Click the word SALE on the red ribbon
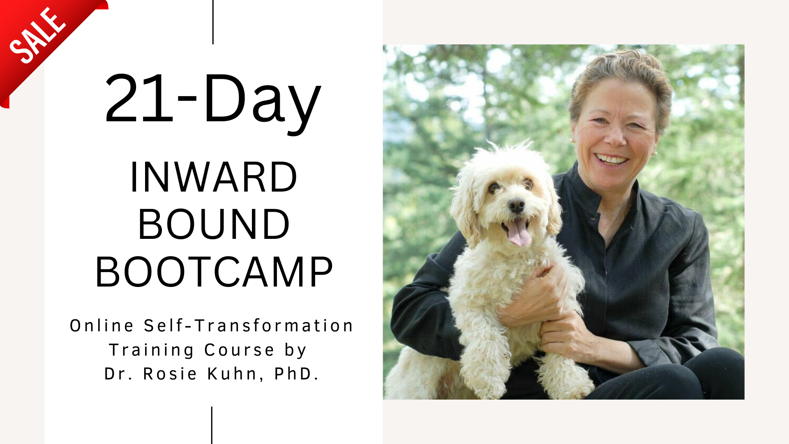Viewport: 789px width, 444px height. (37, 36)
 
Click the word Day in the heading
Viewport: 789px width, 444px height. (261, 103)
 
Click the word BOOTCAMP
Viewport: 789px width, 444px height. (214, 272)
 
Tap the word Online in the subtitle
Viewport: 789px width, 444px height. (102, 326)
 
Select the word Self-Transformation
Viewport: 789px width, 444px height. (248, 326)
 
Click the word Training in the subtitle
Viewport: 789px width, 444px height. (151, 350)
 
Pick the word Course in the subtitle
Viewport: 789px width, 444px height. (239, 350)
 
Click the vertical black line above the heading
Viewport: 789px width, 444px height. (213, 22)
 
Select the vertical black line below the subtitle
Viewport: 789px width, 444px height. (212, 425)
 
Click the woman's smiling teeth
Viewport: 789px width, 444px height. (611, 159)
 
